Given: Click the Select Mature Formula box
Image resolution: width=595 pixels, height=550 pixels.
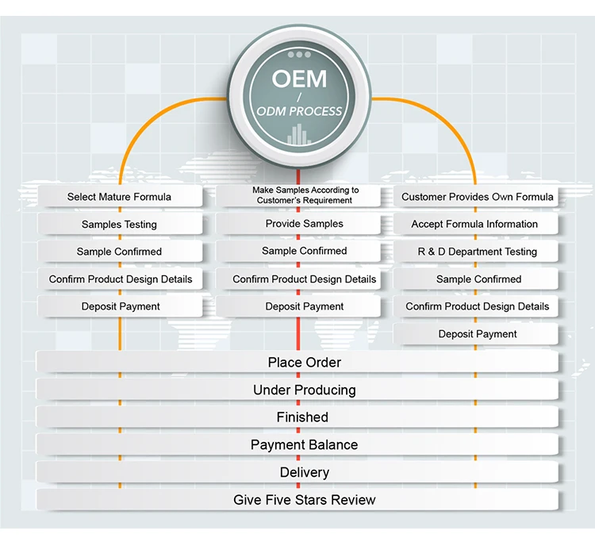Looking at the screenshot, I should (x=119, y=197).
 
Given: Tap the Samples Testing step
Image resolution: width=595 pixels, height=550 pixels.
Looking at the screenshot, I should (x=119, y=225).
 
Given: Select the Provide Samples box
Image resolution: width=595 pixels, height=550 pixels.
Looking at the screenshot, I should (x=305, y=224).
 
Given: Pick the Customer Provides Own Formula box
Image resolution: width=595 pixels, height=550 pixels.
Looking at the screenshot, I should (x=477, y=197).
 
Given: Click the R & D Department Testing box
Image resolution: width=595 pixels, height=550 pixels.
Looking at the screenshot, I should (x=477, y=252).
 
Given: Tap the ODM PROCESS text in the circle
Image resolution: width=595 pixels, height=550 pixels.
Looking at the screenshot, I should (x=298, y=112).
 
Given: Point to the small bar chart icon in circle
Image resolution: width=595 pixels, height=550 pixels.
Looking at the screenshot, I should (x=298, y=135).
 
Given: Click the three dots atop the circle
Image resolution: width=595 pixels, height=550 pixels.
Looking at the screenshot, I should (x=298, y=55).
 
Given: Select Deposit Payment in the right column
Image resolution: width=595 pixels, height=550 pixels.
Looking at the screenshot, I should (x=477, y=334).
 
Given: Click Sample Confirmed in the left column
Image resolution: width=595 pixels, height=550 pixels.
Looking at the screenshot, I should (x=119, y=252).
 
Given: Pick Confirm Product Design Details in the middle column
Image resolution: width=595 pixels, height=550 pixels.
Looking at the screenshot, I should (x=305, y=279).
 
